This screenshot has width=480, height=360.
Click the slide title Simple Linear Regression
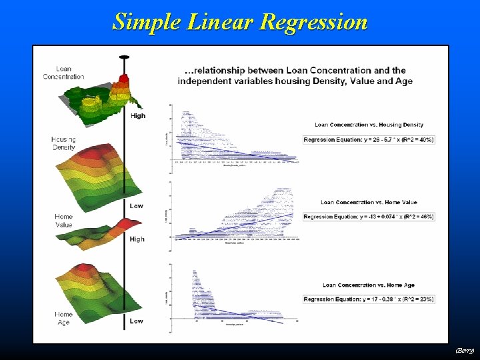coord(240,21)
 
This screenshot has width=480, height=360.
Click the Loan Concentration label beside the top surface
coord(64,73)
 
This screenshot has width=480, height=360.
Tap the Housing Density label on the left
coord(63,143)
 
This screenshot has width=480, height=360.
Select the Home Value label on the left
coord(63,221)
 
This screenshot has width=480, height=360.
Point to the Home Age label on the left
coord(63,318)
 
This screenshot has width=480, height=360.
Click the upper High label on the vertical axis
coord(137,116)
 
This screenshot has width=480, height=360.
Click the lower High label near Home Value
coord(137,239)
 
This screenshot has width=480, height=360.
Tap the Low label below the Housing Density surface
coord(136,206)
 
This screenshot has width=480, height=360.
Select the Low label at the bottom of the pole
coord(136,321)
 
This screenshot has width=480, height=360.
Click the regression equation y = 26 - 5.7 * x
coord(369,140)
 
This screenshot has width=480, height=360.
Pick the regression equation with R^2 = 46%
coord(369,217)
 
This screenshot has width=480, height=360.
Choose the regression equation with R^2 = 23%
coord(369,299)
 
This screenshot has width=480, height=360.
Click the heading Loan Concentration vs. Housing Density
coord(369,125)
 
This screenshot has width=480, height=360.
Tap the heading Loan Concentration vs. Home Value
coord(369,202)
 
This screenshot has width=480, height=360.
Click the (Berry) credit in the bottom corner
coord(465,350)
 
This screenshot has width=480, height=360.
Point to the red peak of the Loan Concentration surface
coord(123,83)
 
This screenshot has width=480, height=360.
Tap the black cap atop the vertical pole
coord(124,57)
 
